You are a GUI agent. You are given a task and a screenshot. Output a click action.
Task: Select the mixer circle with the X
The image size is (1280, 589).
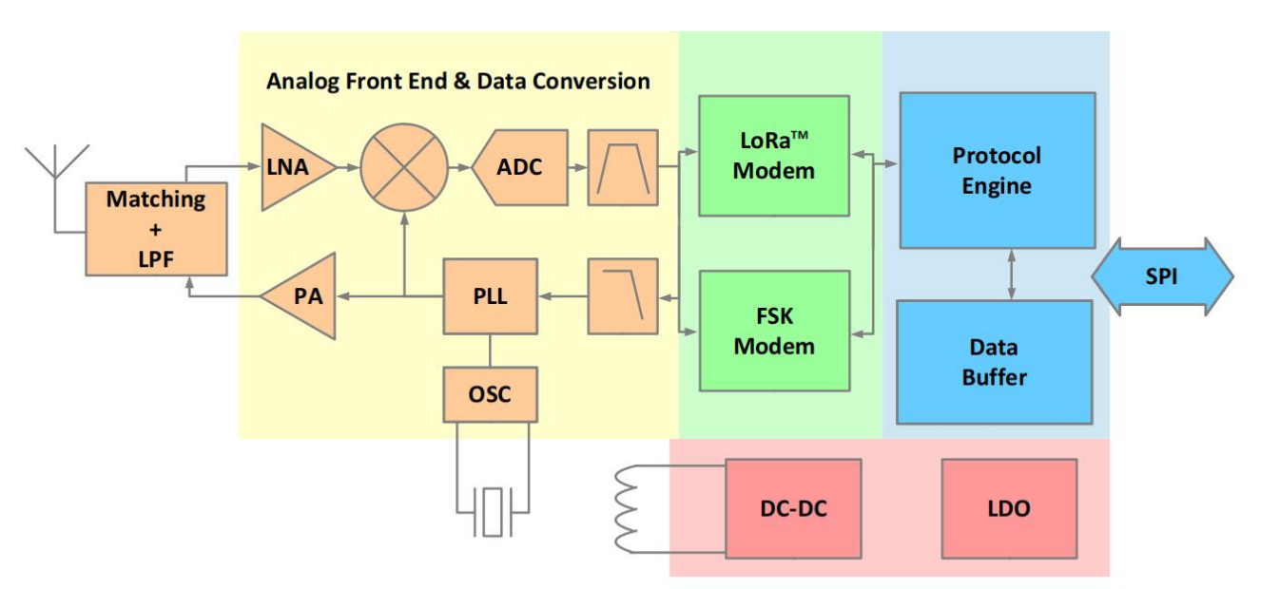coord(404,167)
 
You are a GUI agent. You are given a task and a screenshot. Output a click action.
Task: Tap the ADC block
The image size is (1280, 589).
coord(521,167)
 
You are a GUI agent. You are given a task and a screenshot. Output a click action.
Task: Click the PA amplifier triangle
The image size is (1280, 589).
coord(304,295)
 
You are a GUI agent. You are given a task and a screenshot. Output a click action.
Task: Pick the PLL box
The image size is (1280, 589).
coord(490,295)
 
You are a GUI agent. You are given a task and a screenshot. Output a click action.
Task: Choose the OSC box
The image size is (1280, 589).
coord(490,393)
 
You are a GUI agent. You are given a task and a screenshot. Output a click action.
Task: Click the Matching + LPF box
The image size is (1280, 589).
coord(156,228)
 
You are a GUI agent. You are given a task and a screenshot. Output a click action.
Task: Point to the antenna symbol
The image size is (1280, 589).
coord(56,166)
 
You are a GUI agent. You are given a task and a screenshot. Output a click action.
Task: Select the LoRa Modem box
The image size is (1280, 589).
coord(773,156)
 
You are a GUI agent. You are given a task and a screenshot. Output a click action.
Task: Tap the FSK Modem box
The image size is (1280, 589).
coord(773,331)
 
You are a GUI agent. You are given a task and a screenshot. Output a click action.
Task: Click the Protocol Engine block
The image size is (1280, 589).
coord(997,170)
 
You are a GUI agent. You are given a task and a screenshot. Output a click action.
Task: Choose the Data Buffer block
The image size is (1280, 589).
coord(994,362)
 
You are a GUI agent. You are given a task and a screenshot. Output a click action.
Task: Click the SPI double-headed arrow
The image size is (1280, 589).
coord(1161,276)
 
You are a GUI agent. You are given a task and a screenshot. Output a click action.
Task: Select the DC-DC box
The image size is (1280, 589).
coord(793,508)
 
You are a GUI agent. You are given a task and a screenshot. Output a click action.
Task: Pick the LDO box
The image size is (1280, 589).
coord(1008,508)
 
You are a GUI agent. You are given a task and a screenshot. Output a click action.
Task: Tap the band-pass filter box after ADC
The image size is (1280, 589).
coord(622,167)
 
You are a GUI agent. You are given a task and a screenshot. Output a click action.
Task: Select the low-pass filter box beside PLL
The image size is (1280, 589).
coord(622,295)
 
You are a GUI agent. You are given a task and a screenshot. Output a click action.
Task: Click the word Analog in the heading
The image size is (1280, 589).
coord(297,81)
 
